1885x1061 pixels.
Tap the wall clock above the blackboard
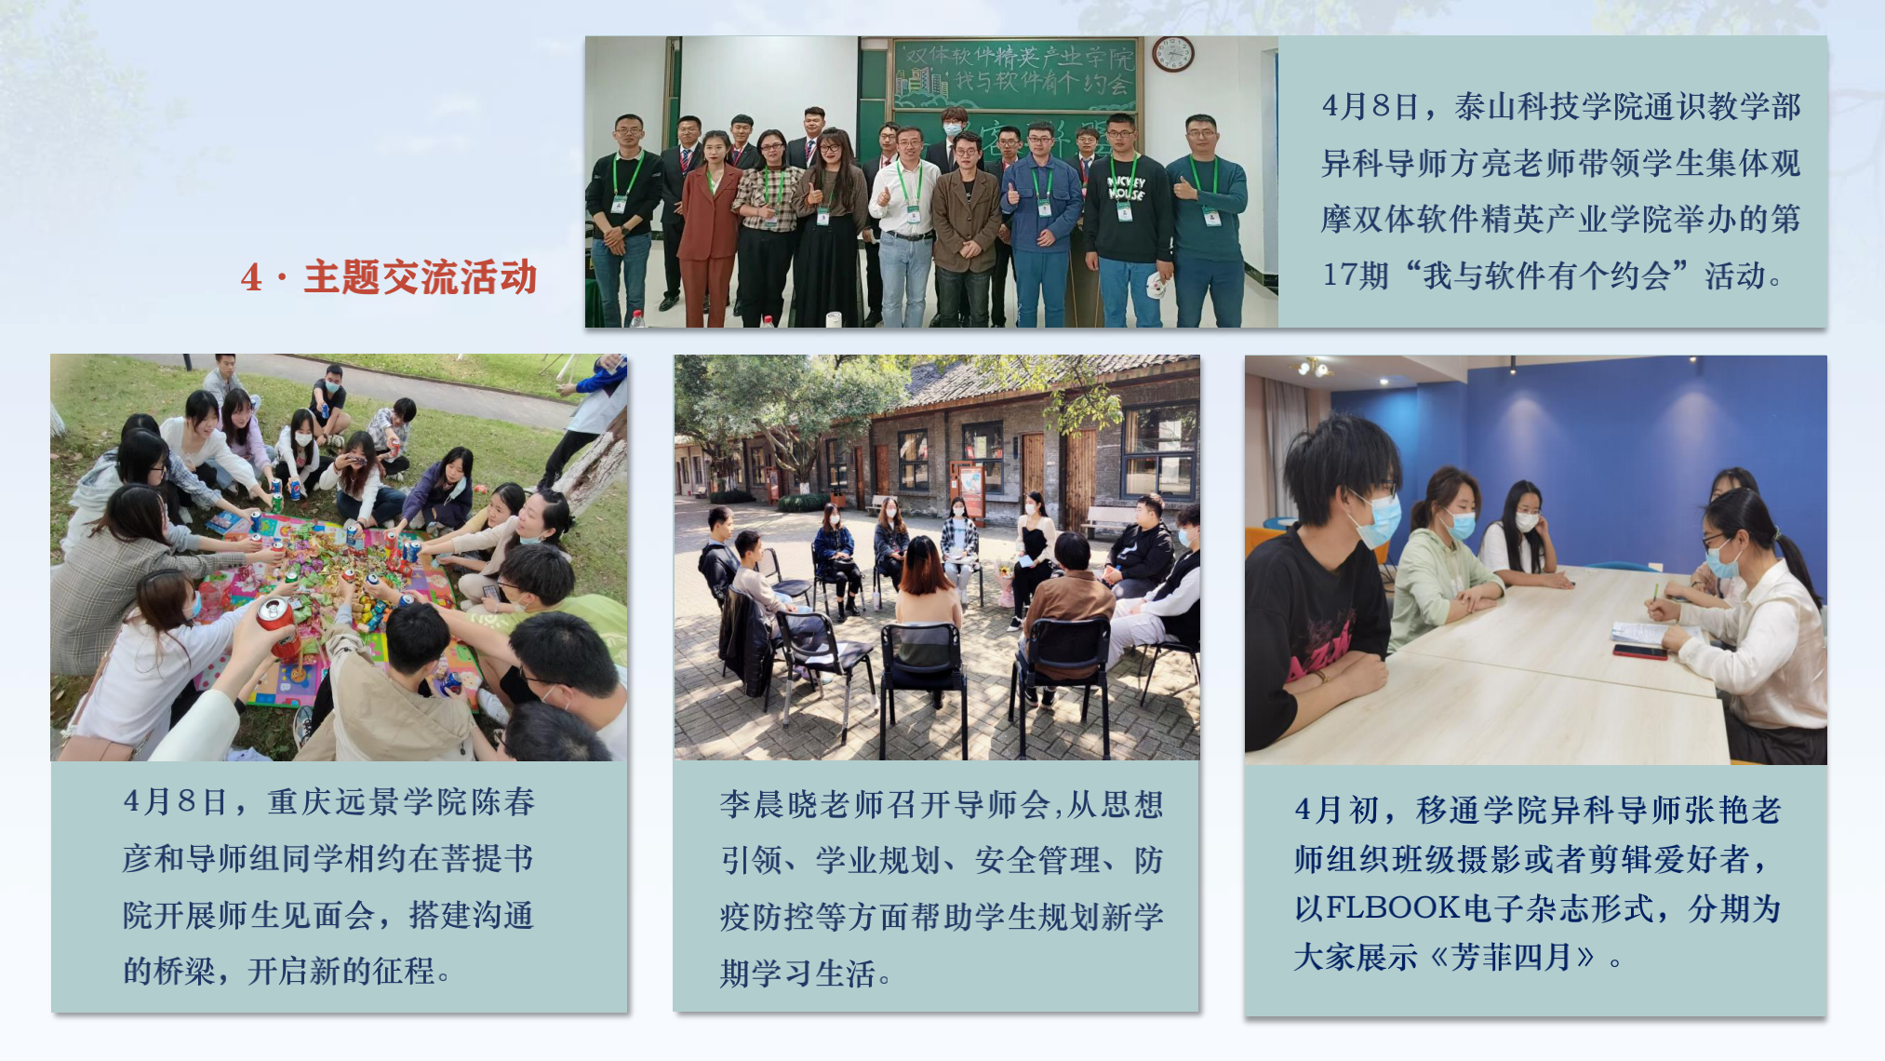pyautogui.click(x=1172, y=54)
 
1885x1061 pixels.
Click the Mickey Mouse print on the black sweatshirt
pyautogui.click(x=1126, y=188)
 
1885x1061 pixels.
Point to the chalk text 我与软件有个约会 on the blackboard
pyautogui.click(x=1042, y=83)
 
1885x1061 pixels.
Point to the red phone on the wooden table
pyautogui.click(x=1638, y=651)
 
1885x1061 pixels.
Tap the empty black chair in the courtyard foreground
pyautogui.click(x=923, y=679)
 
